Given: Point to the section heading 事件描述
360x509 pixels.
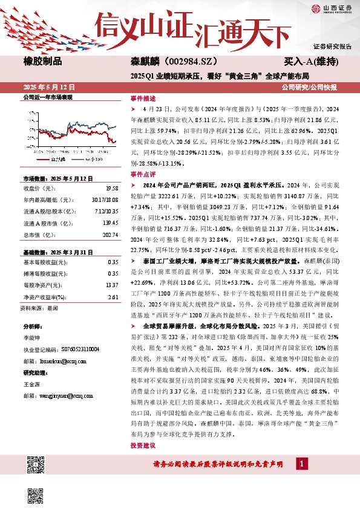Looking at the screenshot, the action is tap(143, 98).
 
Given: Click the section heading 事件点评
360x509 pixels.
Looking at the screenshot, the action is tap(143, 173).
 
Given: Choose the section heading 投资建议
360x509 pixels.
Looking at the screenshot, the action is tap(143, 445).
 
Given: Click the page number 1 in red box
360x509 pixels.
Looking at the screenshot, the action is tap(301, 464).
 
